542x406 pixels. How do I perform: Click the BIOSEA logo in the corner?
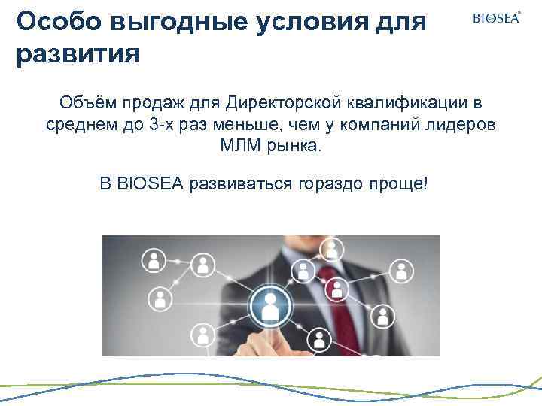point(496,18)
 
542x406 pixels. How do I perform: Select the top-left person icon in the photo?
point(154,259)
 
